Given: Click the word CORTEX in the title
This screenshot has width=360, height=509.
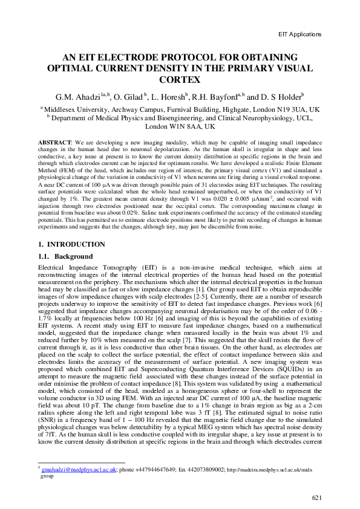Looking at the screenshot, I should [x=180, y=79].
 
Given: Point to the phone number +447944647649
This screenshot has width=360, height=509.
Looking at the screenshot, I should [x=154, y=469].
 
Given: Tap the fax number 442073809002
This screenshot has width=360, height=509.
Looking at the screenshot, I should [x=205, y=469].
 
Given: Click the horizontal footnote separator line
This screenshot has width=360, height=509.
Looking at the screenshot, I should [x=73, y=462].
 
